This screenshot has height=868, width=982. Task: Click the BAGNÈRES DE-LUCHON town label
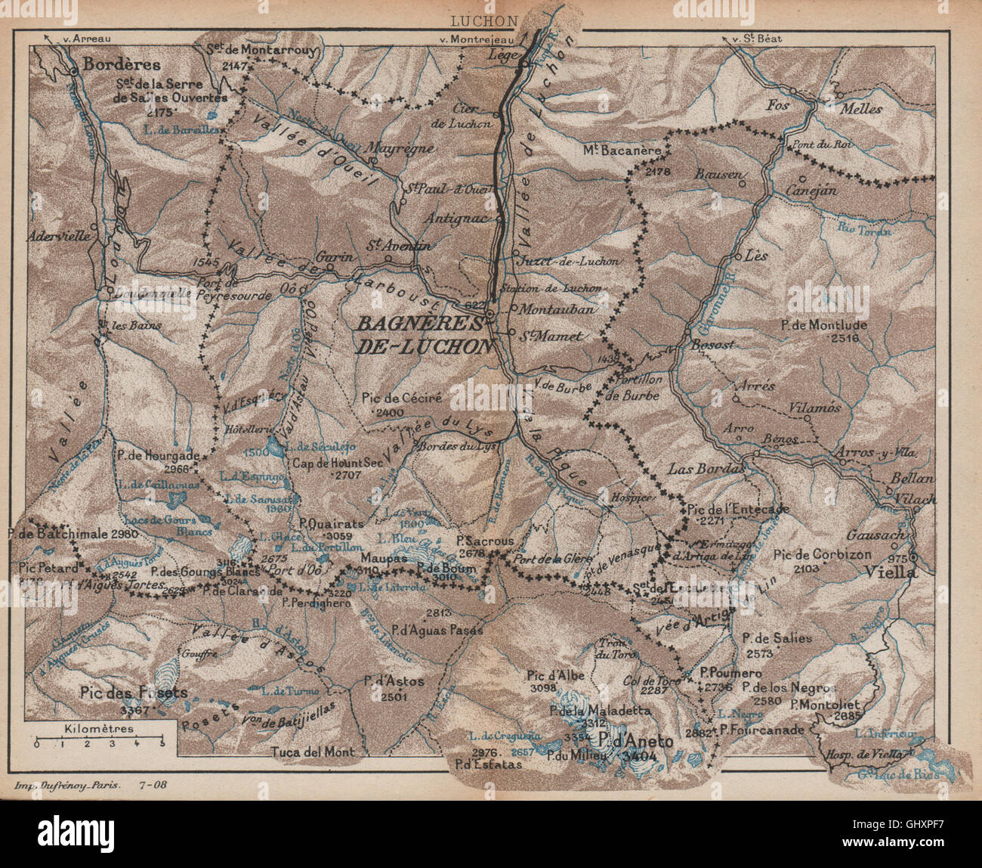(x=424, y=334)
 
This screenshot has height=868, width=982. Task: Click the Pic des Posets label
(x=133, y=692)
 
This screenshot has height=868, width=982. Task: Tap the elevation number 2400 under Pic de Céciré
(x=394, y=412)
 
